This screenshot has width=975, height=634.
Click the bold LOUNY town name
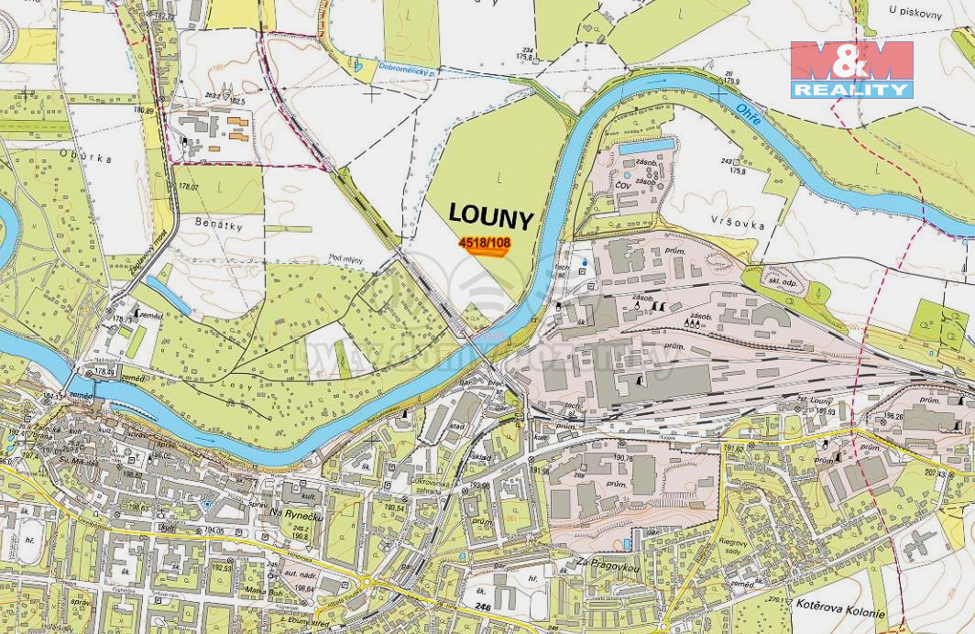[x=490, y=217]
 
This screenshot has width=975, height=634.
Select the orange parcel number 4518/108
[x=484, y=244]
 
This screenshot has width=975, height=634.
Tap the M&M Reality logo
[x=852, y=70]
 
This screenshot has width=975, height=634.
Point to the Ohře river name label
[x=749, y=115]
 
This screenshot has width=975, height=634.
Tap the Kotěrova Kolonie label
[x=841, y=614]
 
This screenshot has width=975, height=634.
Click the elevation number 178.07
[x=189, y=187]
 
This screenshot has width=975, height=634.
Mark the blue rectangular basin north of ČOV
[x=647, y=145]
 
